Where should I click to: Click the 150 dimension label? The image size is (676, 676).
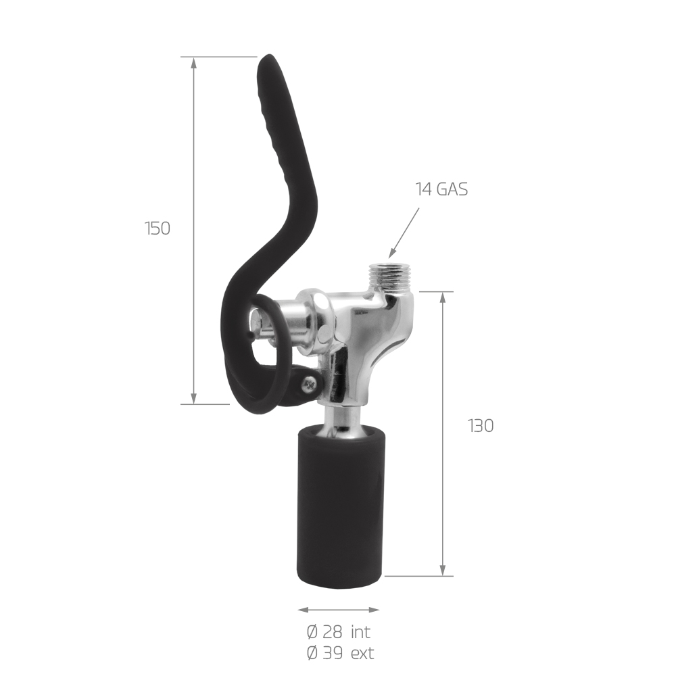[158, 228]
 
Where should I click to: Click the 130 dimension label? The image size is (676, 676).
[480, 426]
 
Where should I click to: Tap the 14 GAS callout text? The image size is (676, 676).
[441, 189]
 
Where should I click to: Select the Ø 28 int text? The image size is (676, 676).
[339, 633]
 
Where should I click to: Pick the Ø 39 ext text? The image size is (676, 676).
[340, 653]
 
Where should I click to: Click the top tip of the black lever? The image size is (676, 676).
[268, 55]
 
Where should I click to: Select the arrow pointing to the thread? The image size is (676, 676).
[404, 233]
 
